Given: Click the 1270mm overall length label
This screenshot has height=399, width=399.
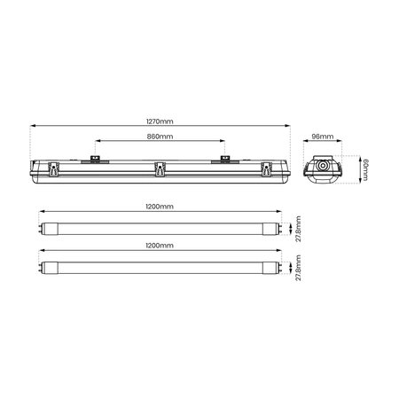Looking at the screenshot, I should click(160, 121).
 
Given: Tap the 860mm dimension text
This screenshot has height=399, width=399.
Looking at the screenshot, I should click(160, 137).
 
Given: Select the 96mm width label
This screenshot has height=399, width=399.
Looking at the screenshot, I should click(323, 137).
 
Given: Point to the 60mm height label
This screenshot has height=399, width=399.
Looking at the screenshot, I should click(364, 169).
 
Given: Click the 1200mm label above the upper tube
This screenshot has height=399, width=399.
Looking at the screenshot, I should click(160, 206).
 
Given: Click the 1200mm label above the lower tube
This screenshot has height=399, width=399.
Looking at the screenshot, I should click(160, 244).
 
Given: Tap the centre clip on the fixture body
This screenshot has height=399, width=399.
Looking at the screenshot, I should click(160, 169).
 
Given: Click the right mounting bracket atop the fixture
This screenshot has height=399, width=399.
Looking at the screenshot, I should click(224, 160).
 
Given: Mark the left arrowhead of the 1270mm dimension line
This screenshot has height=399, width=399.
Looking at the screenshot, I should click(33, 126).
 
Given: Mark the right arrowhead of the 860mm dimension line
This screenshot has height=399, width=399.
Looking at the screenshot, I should click(223, 142).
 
